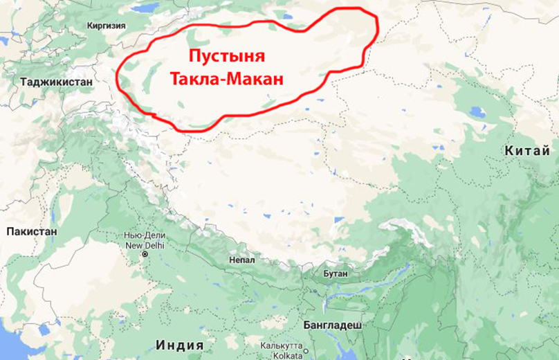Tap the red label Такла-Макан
click(227, 78)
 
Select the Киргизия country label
click(106, 26)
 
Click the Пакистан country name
click(30, 231)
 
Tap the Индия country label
click(180, 345)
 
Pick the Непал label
click(242, 260)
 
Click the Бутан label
click(335, 273)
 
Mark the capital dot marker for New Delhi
click(145, 254)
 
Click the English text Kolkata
click(281, 354)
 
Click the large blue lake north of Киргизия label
click(145, 8)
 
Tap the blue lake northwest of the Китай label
click(476, 111)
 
